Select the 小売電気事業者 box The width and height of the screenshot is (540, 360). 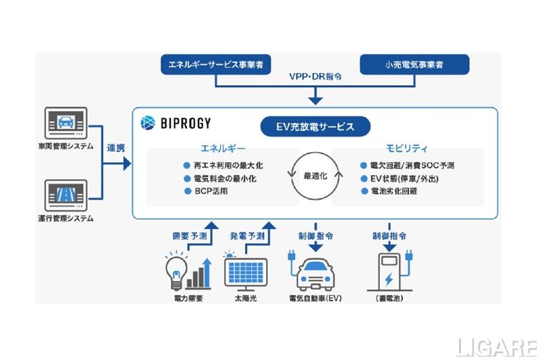pyautogui.click(x=414, y=66)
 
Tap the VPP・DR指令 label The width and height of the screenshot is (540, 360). pyautogui.click(x=314, y=78)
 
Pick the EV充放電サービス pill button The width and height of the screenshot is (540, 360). pyautogui.click(x=316, y=126)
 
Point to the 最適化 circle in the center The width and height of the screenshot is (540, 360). pyautogui.click(x=315, y=176)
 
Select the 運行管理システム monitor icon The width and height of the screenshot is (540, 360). pyautogui.click(x=65, y=196)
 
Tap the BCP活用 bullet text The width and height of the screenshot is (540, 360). pyautogui.click(x=212, y=192)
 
